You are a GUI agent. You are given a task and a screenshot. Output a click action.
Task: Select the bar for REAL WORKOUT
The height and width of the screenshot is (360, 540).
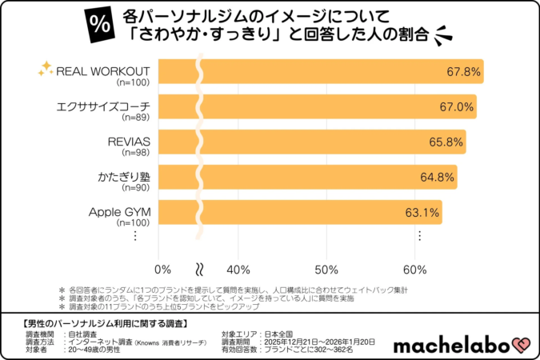pyautogui.click(x=320, y=71)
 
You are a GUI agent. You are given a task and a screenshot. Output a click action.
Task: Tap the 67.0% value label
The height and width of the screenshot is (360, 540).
pyautogui.click(x=457, y=107)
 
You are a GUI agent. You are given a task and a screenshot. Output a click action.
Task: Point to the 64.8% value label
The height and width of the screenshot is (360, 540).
pyautogui.click(x=437, y=178)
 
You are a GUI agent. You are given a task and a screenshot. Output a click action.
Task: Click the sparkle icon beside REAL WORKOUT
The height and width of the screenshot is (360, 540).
pyautogui.click(x=46, y=69)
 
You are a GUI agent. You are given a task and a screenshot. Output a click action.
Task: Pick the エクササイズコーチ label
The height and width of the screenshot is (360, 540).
pyautogui.click(x=104, y=106)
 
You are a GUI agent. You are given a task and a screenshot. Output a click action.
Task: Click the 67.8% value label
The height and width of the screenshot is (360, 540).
pyautogui.click(x=463, y=72)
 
